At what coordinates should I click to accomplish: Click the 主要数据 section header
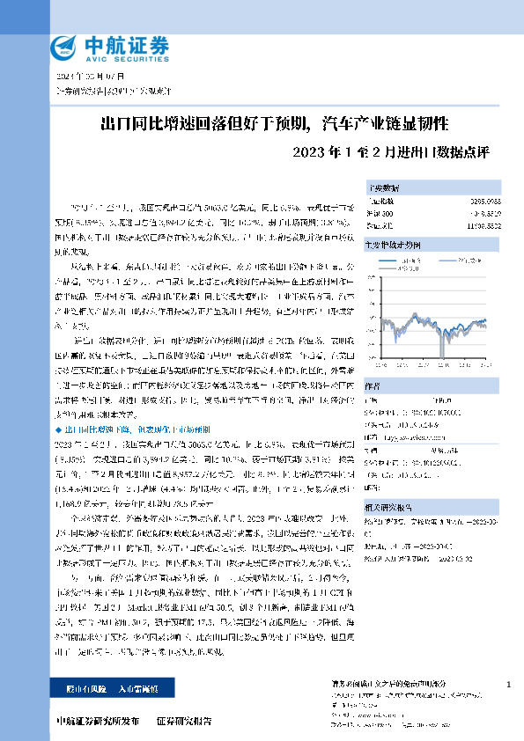pyautogui.click(x=384, y=187)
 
